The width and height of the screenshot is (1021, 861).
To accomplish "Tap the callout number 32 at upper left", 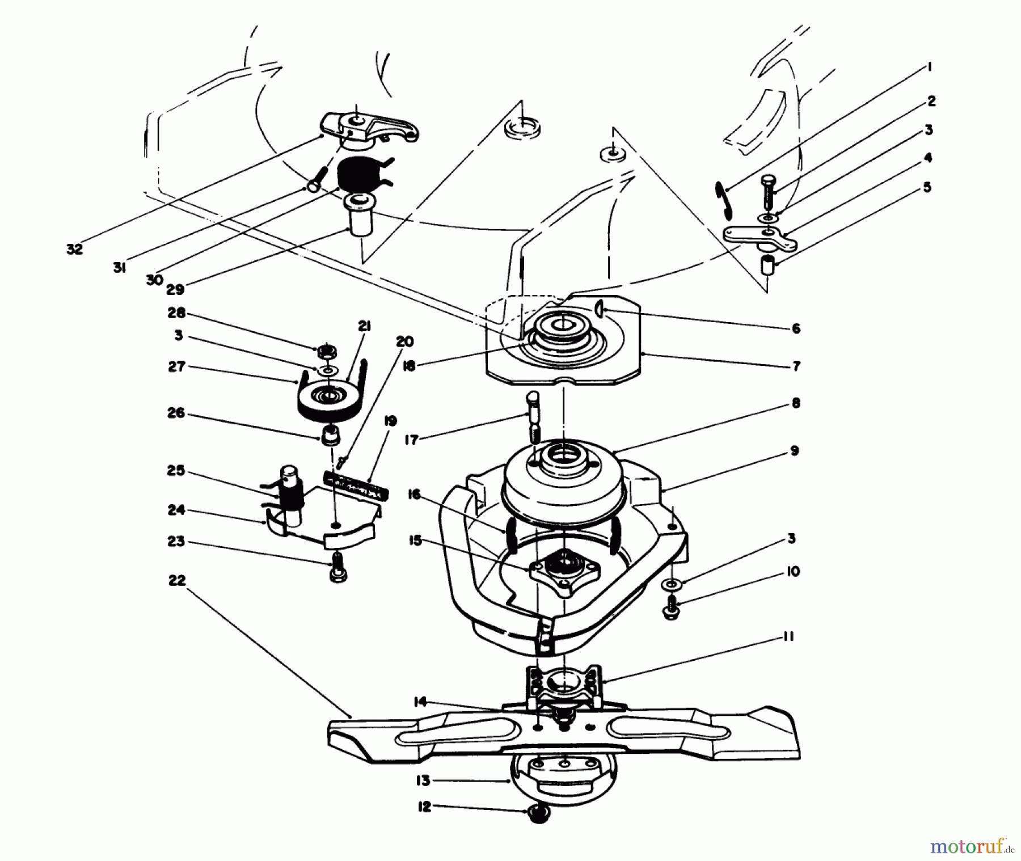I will pyautogui.click(x=75, y=249).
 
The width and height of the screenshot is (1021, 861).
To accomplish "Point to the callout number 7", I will pyautogui.click(x=796, y=366).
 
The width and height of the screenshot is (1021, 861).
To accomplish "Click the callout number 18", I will pyautogui.click(x=424, y=366).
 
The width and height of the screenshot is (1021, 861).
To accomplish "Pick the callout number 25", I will pyautogui.click(x=176, y=471).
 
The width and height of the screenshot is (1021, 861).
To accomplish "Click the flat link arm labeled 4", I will pyautogui.click(x=760, y=238).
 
